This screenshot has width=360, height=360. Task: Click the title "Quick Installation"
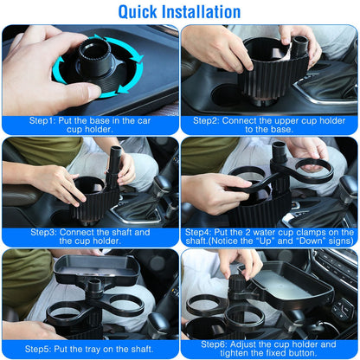click(179, 11)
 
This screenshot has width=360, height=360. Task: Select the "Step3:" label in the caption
click(46, 232)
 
